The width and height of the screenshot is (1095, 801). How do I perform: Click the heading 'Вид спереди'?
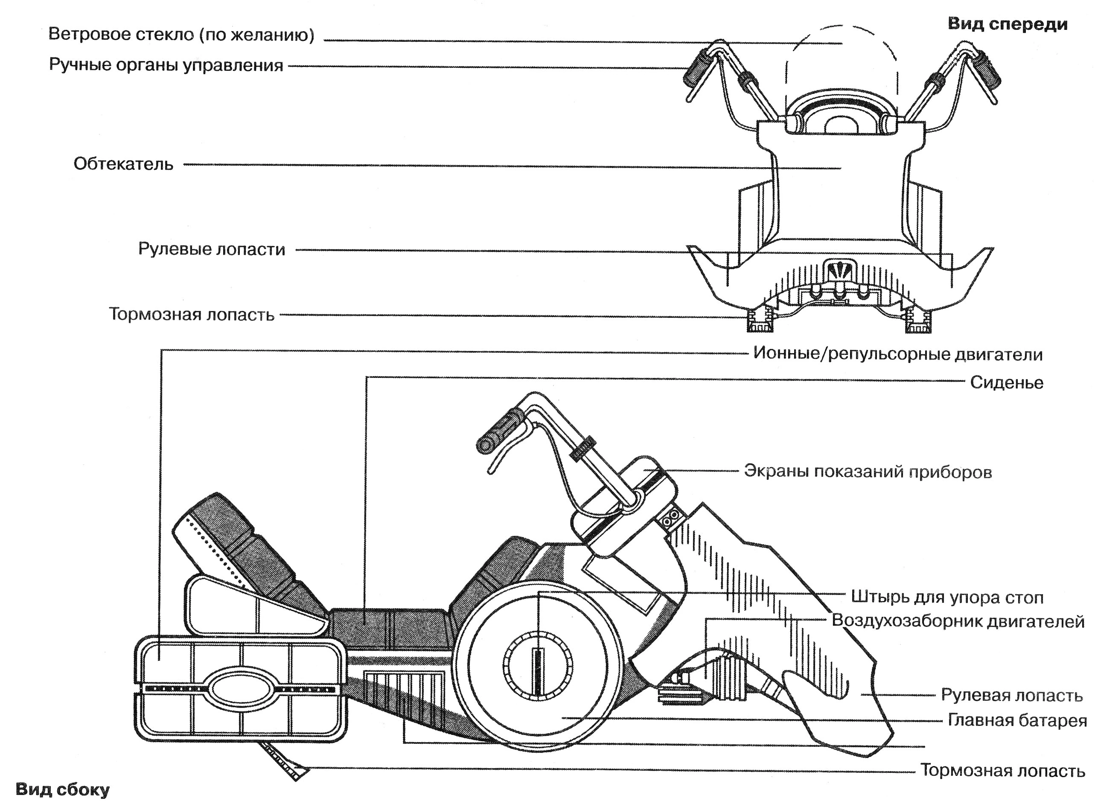click(1007, 24)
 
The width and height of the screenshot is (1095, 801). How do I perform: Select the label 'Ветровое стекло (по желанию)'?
click(181, 35)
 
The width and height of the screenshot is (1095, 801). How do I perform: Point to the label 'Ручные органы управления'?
click(166, 64)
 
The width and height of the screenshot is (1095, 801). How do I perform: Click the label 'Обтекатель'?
click(123, 164)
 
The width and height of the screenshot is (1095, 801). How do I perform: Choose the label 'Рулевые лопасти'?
click(212, 249)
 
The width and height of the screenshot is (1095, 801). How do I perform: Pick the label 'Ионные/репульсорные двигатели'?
click(897, 354)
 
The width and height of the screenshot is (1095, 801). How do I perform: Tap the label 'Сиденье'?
click(1006, 383)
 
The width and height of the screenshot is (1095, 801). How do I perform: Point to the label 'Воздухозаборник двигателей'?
click(958, 621)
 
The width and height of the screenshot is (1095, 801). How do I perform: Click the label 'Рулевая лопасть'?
click(1011, 695)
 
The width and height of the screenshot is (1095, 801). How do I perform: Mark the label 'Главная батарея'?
click(1017, 720)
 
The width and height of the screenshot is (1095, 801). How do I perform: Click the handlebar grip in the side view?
click(500, 430)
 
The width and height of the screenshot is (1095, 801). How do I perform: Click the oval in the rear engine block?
click(241, 689)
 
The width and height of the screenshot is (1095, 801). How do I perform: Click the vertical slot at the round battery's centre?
click(537, 671)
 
